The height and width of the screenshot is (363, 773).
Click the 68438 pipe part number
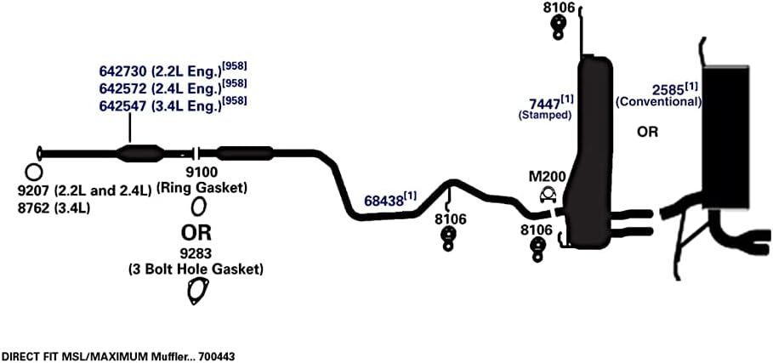[384, 201]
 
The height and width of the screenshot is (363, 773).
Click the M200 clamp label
[547, 176]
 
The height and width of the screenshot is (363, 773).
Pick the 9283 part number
[196, 253]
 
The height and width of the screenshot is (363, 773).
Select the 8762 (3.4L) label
[53, 208]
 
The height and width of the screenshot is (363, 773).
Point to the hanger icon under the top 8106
[558, 27]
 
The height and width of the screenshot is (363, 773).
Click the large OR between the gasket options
[196, 232]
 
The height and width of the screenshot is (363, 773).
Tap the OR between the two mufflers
[647, 132]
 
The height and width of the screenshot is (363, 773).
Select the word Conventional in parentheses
[659, 102]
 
